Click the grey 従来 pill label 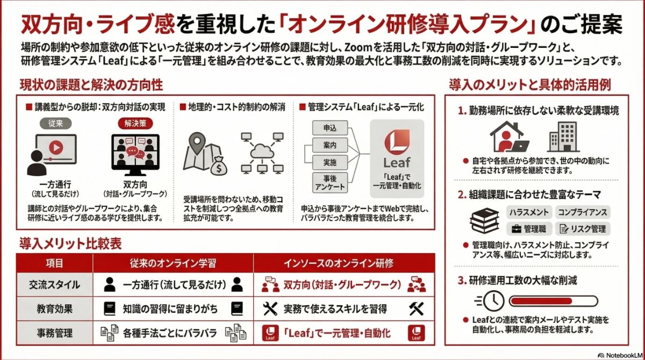coord(55,123)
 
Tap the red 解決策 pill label coord(134,123)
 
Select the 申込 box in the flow coord(329,128)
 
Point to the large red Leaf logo coord(397,142)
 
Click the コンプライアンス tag coord(582,212)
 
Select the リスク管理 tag coord(582,229)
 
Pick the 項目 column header coord(54,263)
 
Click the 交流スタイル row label coord(54,285)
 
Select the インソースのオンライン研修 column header coord(339,263)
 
